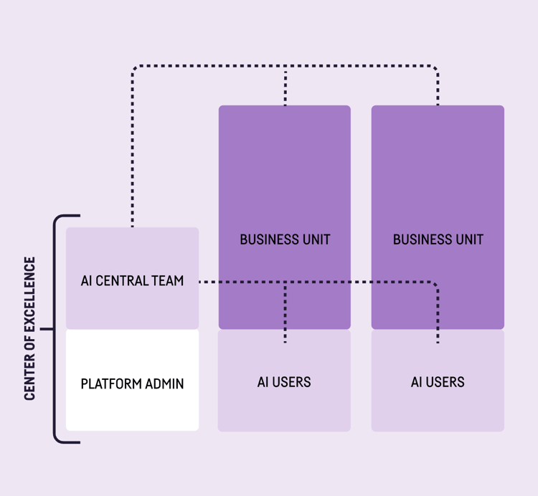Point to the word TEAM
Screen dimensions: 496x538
168,281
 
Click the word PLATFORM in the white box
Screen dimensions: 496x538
110,383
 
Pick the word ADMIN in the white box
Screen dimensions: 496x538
164,383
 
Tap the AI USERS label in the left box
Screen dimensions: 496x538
284,382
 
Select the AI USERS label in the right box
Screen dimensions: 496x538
438,382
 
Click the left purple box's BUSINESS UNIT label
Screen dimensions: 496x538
285,239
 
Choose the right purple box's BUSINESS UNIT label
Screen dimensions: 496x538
438,239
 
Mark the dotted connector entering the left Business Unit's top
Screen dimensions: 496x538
285,90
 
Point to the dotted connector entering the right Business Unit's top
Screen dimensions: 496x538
438,90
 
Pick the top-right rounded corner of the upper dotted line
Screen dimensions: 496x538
435,69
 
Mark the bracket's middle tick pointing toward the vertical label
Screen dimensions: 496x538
47,329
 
